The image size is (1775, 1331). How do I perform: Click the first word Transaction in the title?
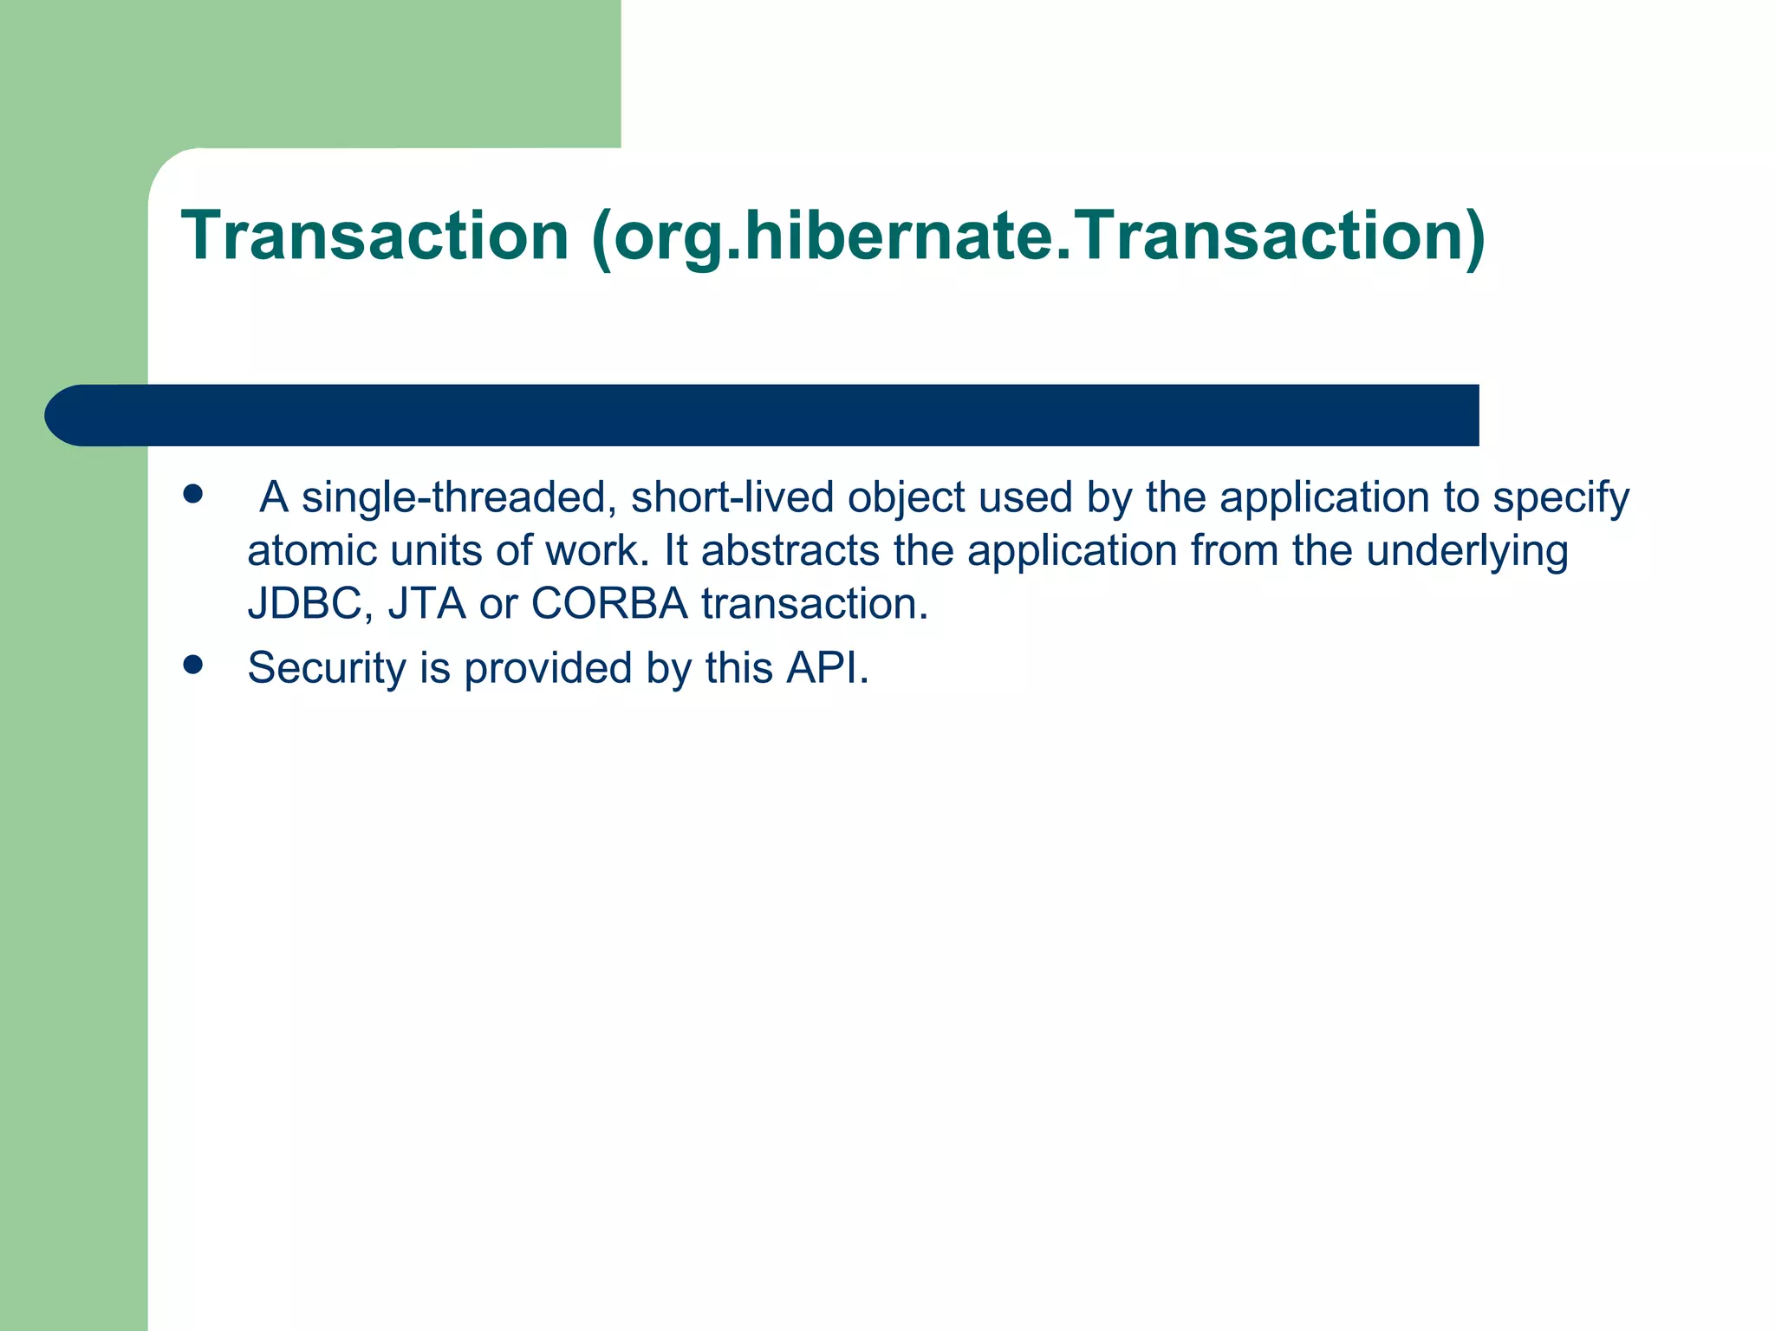coord(374,236)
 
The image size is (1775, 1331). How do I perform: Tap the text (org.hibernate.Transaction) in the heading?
coord(1038,237)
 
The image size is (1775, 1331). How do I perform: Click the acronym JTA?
coord(426,604)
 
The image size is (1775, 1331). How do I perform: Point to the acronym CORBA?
coord(609,604)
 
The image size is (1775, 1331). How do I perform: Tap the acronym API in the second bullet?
coord(825,669)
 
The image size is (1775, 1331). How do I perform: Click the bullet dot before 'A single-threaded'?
coord(192,494)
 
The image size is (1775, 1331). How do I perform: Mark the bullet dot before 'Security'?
coord(192,665)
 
